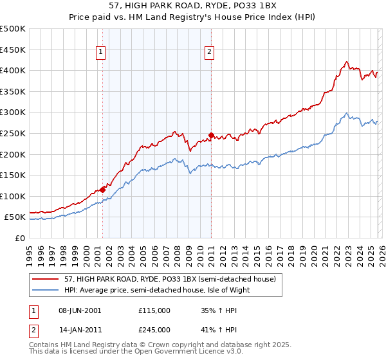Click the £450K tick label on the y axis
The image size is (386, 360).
(13, 50)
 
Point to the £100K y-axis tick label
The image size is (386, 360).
(13, 196)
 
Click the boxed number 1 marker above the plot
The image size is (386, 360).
(102, 53)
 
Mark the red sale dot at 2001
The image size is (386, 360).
(102, 190)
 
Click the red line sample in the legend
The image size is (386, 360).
(46, 279)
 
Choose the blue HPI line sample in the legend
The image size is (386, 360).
(46, 290)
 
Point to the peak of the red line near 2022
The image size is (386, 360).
(346, 62)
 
